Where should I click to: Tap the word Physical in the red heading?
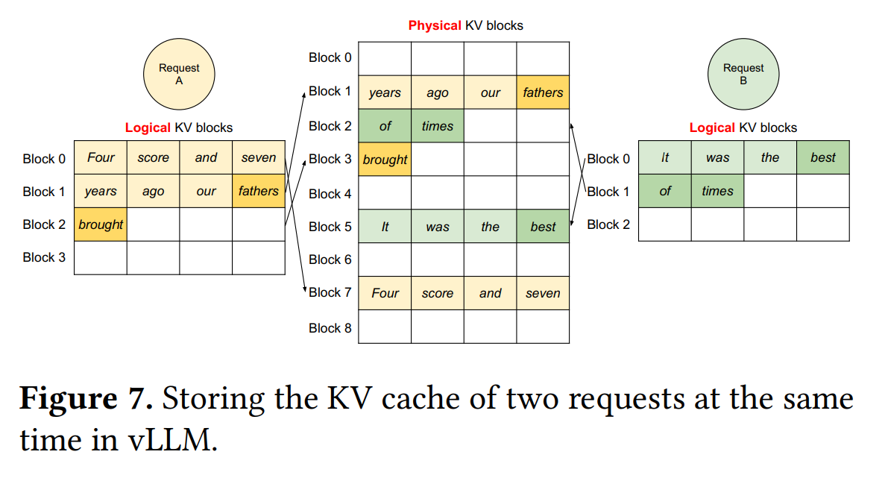pos(435,26)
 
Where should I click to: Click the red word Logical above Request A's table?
pos(148,128)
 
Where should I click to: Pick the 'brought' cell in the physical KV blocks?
pos(385,159)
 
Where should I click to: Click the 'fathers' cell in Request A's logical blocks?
pos(259,191)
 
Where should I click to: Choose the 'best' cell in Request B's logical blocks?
pos(823,157)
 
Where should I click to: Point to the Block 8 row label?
pos(330,328)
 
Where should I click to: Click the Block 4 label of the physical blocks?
pos(330,194)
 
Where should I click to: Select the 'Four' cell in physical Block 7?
pos(385,293)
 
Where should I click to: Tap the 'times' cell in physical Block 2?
pos(438,126)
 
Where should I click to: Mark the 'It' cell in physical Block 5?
pos(385,226)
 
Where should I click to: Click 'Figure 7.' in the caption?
pos(86,399)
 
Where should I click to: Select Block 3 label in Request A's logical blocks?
pos(44,257)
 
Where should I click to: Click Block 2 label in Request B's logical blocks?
pos(608,224)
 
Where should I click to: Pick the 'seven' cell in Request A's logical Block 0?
pos(259,157)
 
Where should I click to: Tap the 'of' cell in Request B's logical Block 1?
pos(665,191)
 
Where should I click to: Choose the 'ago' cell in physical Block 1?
pos(438,92)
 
